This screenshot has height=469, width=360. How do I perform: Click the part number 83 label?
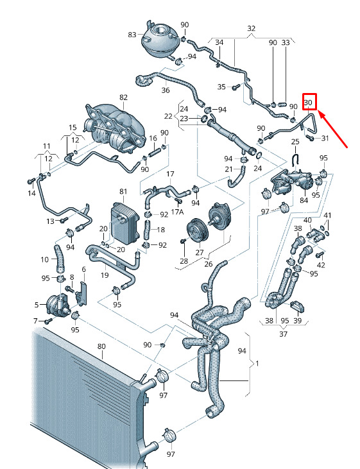pyautogui.click(x=132, y=35)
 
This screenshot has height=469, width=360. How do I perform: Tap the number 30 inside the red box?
pyautogui.click(x=308, y=103)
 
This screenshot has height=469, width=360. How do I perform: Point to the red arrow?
pyautogui.click(x=332, y=129)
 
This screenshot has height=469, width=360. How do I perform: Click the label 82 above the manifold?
pyautogui.click(x=123, y=98)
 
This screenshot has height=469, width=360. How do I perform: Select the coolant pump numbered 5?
pyautogui.click(x=58, y=304)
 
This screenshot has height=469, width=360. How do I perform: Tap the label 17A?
pyautogui.click(x=177, y=212)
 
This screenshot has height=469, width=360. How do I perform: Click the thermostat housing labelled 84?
pyautogui.click(x=292, y=182)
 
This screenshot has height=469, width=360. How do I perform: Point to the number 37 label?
pyautogui.click(x=283, y=334)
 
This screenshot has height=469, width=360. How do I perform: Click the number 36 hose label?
pyautogui.click(x=165, y=90)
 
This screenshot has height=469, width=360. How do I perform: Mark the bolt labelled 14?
pyautogui.click(x=31, y=182)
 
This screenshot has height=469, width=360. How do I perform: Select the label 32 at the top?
pyautogui.click(x=252, y=28)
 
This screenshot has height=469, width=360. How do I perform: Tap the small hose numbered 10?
pyautogui.click(x=60, y=259)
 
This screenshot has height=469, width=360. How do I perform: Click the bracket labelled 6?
pyautogui.click(x=82, y=294)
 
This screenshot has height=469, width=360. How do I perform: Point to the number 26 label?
pyautogui.click(x=209, y=264)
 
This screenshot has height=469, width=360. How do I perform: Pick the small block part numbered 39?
pyautogui.click(x=298, y=306)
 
